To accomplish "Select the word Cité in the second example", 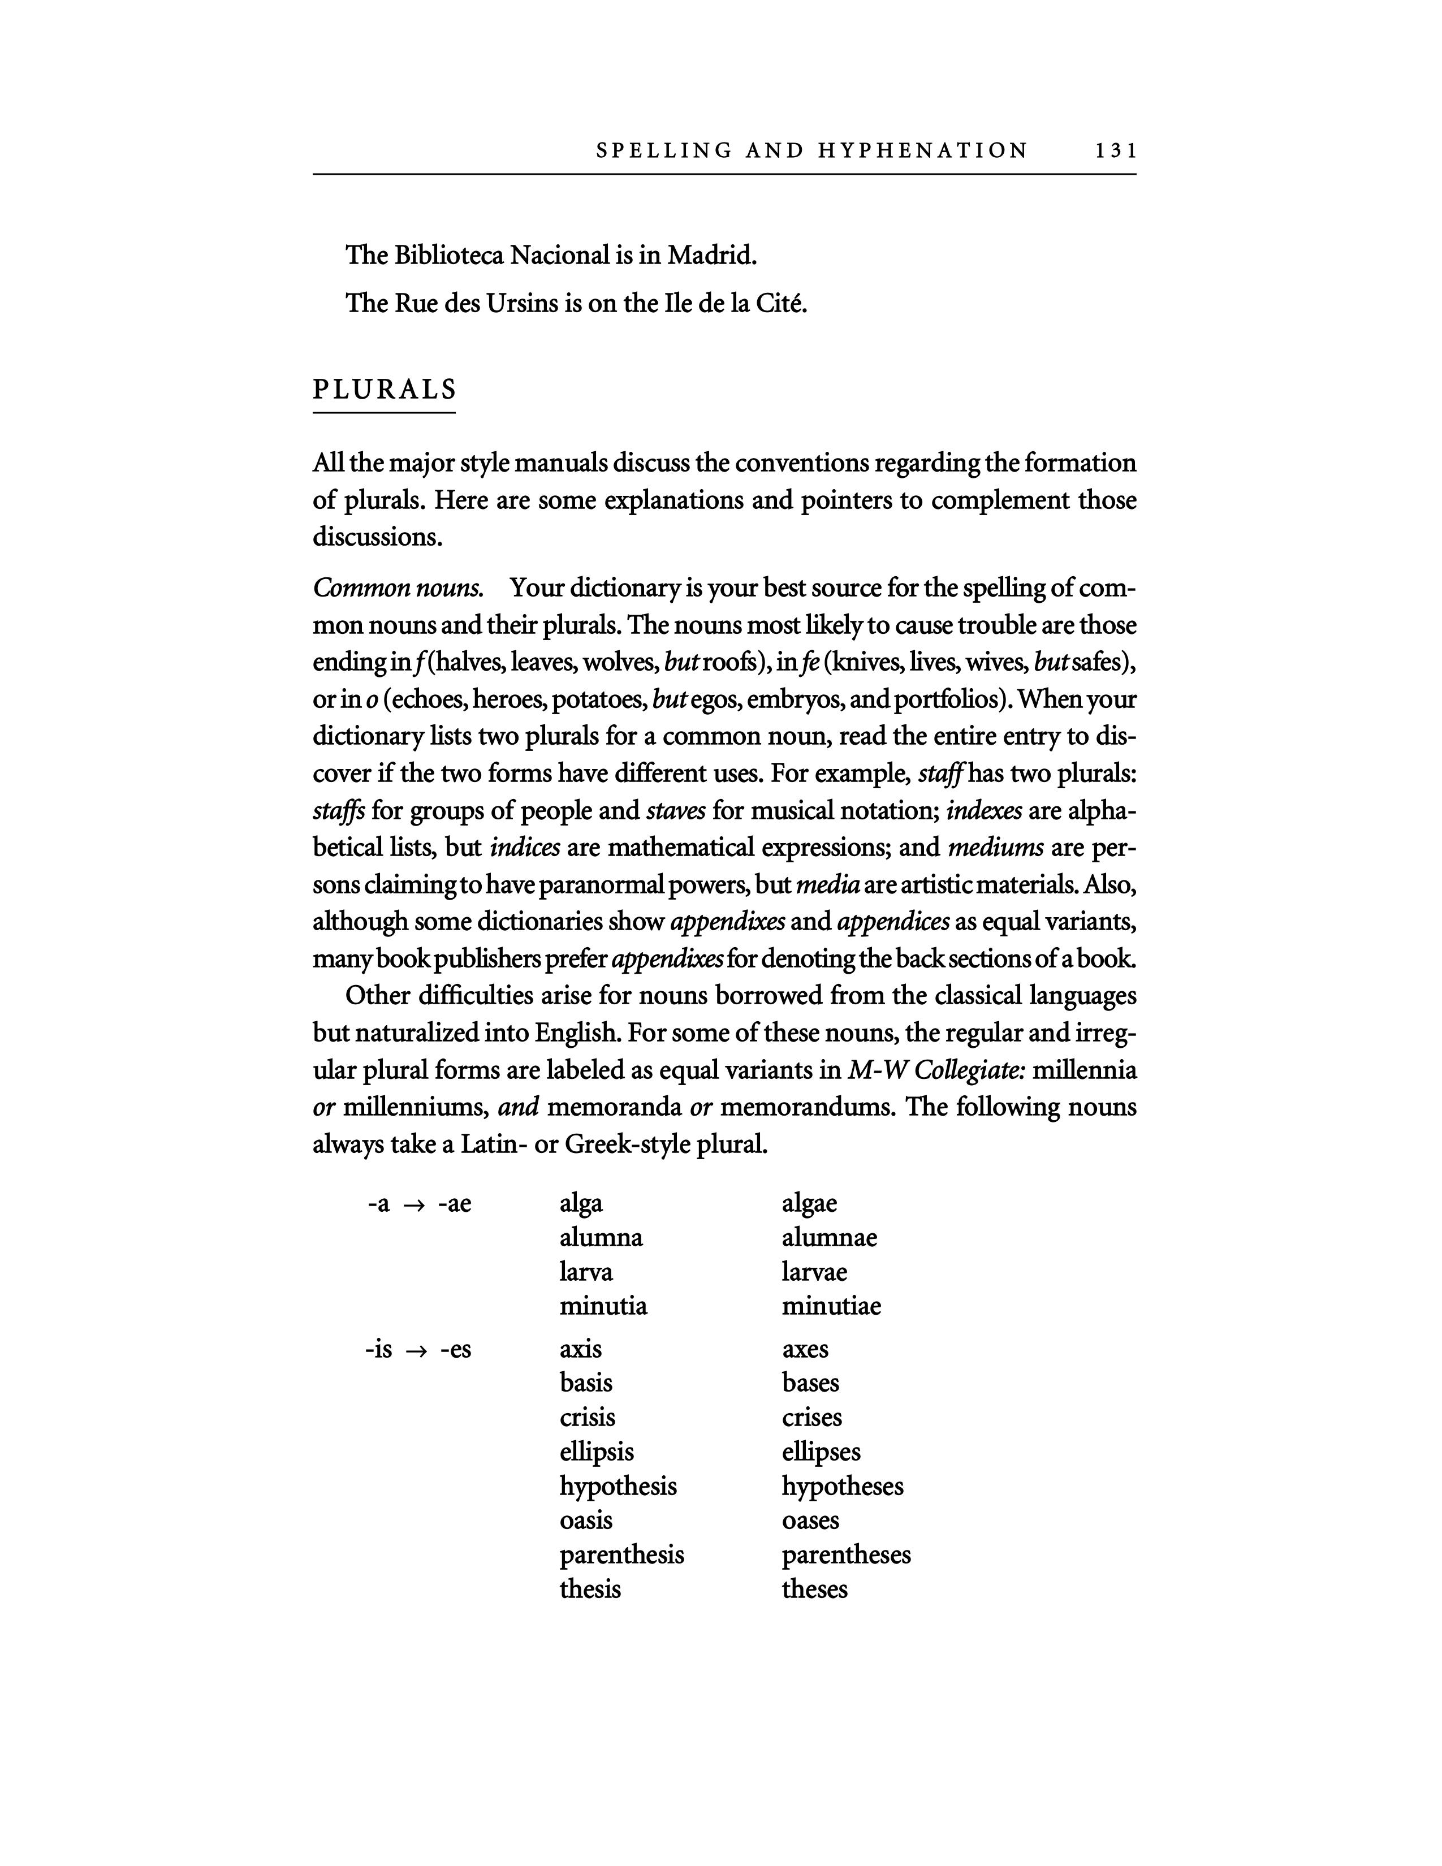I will point(781,303).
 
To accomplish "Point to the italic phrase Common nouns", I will point(399,588).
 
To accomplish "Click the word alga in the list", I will point(581,1203).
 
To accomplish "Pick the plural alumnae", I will point(828,1237).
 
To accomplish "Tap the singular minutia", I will point(603,1306).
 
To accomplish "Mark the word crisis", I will point(587,1418).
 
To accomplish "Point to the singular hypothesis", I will point(618,1487).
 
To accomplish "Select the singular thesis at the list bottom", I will point(589,1589).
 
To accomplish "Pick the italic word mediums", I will point(995,846).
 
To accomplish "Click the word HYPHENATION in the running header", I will point(923,151).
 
